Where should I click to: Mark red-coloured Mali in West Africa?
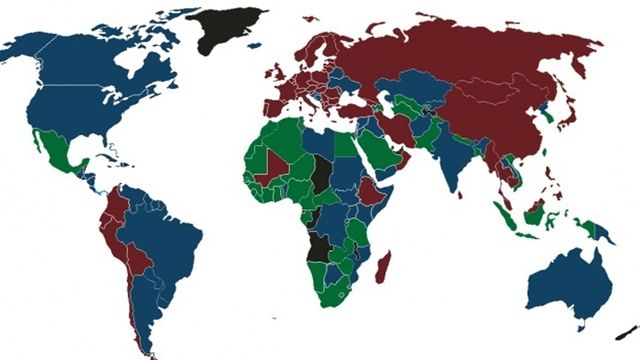(272, 167)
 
